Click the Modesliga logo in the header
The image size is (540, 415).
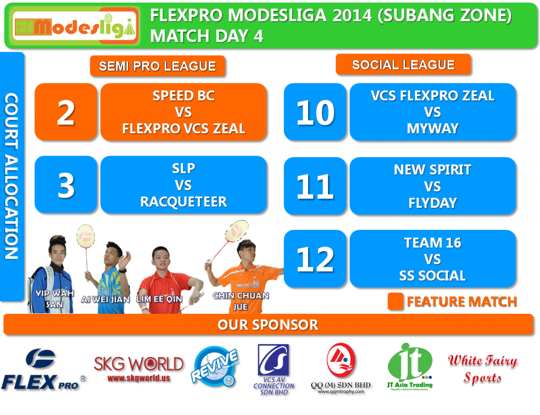[x=75, y=26]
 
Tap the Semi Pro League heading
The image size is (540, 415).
[x=157, y=66]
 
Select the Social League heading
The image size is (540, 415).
[x=403, y=64]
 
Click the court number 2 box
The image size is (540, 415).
[x=66, y=112]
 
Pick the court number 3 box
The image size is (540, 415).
[x=66, y=185]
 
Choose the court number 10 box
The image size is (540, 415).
[x=315, y=112]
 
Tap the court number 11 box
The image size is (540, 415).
[x=315, y=186]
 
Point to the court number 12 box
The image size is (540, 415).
[x=315, y=258]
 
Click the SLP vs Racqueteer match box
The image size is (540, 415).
[x=184, y=185]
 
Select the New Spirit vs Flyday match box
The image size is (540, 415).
[x=432, y=186]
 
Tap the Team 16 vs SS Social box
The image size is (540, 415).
[x=432, y=258]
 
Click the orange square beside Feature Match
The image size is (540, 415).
[x=396, y=301]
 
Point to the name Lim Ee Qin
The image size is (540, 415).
[x=159, y=299]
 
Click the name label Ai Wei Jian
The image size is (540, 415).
[x=105, y=300]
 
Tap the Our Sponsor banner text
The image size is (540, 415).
[x=268, y=325]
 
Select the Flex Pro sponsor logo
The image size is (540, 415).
[x=43, y=370]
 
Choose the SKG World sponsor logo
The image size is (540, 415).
[x=139, y=369]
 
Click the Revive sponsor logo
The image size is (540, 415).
[x=215, y=366]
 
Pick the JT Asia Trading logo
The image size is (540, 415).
[x=410, y=366]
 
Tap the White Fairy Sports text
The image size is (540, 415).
[x=483, y=369]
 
